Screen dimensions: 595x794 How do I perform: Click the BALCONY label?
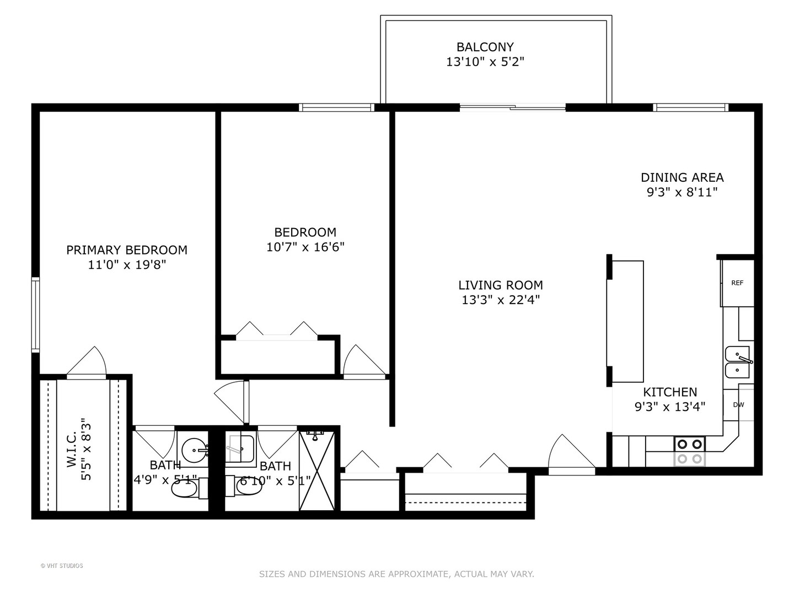pyautogui.click(x=485, y=47)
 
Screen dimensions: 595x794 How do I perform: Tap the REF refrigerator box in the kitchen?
pyautogui.click(x=737, y=283)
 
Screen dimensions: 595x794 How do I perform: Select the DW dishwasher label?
pyautogui.click(x=738, y=405)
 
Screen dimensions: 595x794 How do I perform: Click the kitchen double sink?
pyautogui.click(x=737, y=362)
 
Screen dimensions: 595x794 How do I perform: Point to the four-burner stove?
pyautogui.click(x=690, y=451)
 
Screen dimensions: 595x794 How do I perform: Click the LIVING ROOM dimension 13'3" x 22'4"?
pyautogui.click(x=500, y=300)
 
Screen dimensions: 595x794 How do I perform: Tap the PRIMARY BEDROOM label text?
pyautogui.click(x=127, y=250)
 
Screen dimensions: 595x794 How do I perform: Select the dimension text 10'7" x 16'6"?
pyautogui.click(x=305, y=247)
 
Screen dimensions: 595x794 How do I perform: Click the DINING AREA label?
pyautogui.click(x=682, y=177)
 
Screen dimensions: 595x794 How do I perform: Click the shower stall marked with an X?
pyautogui.click(x=317, y=470)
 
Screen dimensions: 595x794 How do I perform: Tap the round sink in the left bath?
pyautogui.click(x=194, y=451)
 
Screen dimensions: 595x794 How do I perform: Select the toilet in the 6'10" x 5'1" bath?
pyautogui.click(x=248, y=486)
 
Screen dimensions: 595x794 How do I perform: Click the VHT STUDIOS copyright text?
pyautogui.click(x=62, y=566)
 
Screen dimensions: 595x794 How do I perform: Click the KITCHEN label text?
pyautogui.click(x=670, y=392)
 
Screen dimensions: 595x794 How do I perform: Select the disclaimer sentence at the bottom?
pyautogui.click(x=396, y=574)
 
